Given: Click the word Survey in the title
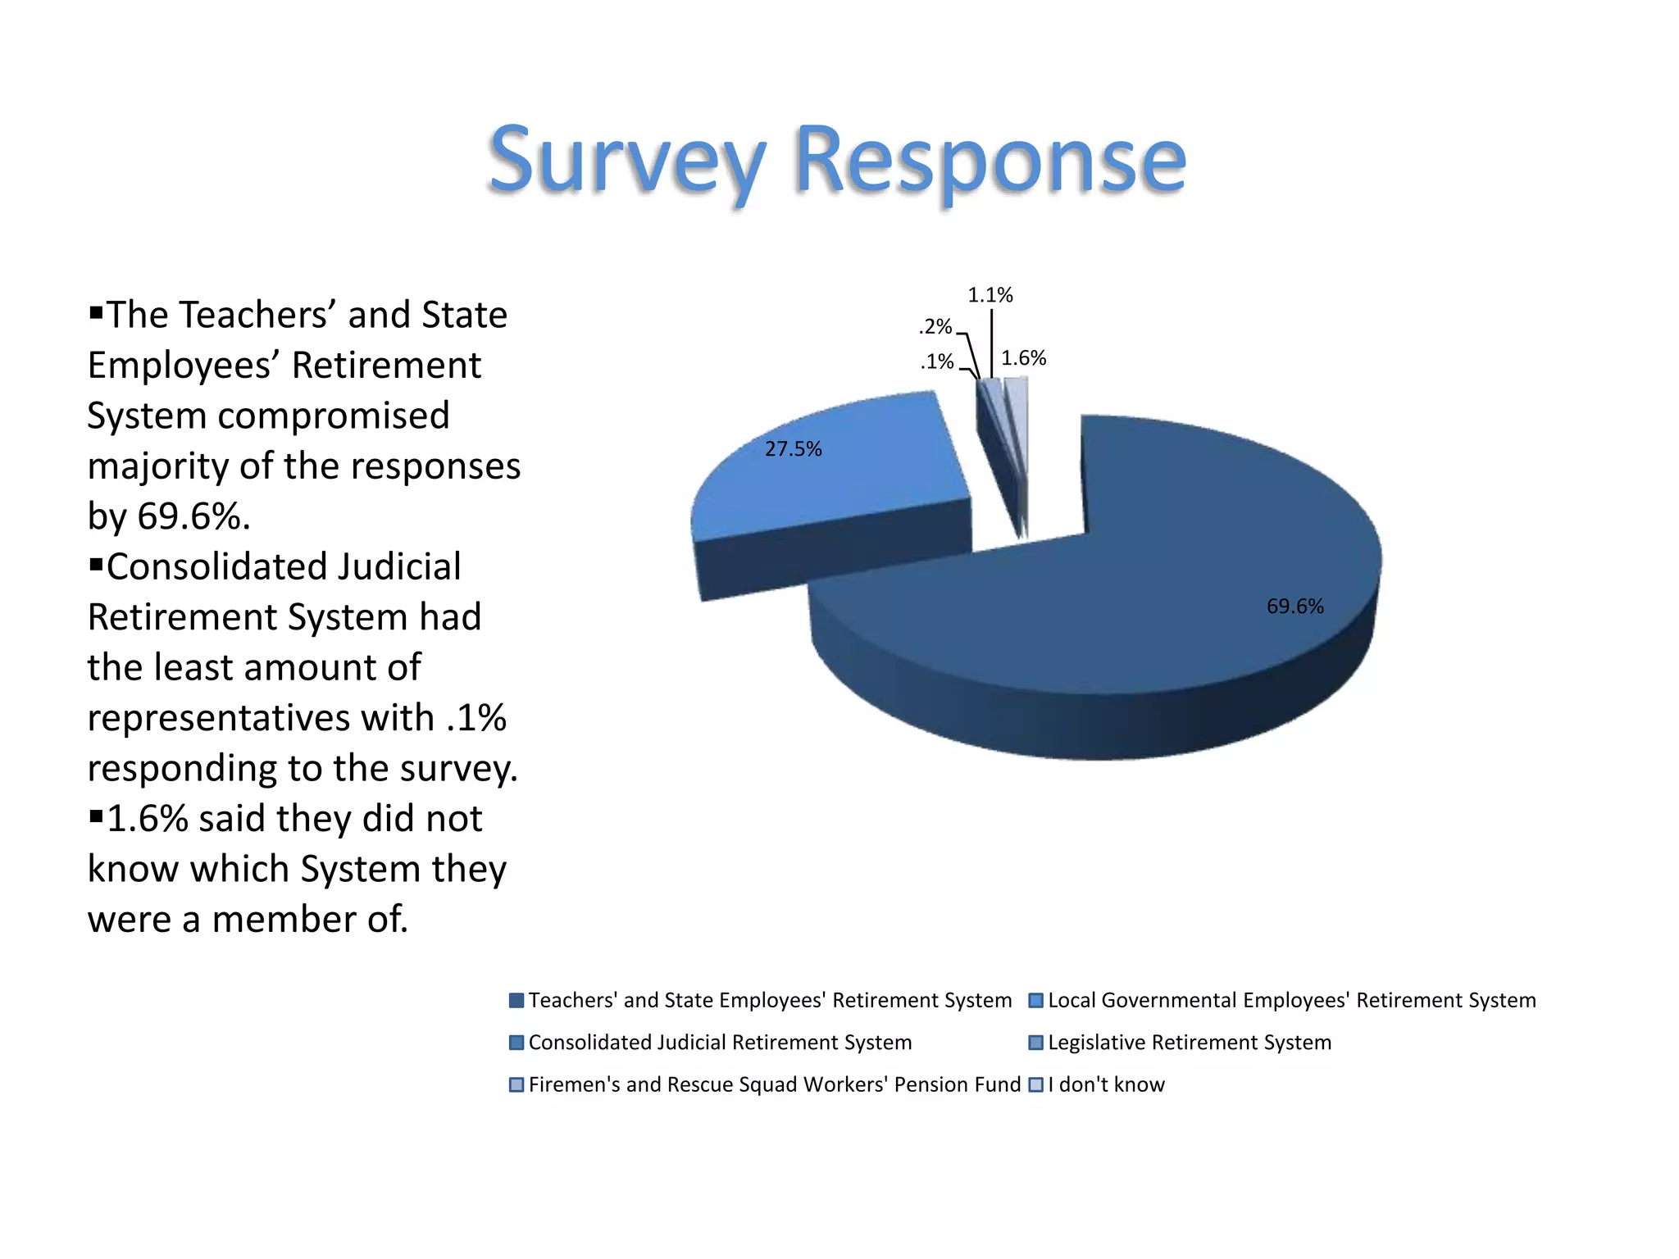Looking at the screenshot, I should coord(627,160).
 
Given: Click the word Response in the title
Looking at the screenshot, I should coord(990,160).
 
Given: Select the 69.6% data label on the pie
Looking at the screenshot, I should coord(1295,607).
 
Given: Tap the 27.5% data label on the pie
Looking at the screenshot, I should coord(793,449).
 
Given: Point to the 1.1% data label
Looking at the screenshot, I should coord(990,295).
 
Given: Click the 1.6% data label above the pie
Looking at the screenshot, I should coord(1023,358).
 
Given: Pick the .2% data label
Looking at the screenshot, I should coord(935,327).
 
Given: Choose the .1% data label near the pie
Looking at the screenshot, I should coord(937,361).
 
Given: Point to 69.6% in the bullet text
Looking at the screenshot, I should coord(193,516).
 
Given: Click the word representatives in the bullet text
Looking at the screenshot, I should coord(260,718).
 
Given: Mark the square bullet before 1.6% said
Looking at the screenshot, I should coord(96,816).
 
